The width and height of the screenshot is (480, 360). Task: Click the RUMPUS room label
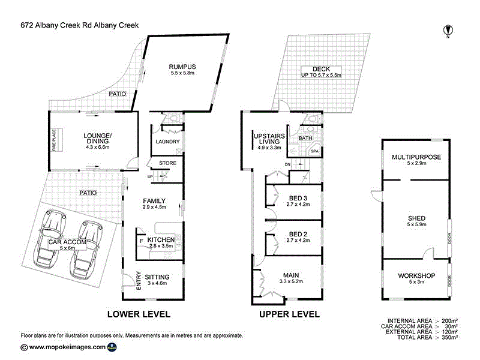pos(182,66)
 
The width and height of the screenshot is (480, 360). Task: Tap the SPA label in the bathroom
pos(314,152)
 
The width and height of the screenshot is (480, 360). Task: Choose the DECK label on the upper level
pos(322,68)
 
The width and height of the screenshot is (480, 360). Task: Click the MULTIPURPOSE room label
pos(416,157)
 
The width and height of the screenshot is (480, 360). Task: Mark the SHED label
pos(416,218)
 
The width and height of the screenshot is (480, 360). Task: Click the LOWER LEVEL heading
pos(139,314)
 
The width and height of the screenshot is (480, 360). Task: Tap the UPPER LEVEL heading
pos(289,314)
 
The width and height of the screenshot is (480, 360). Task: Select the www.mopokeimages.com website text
pos(67,347)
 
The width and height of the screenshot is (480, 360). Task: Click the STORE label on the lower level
pos(167,163)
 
